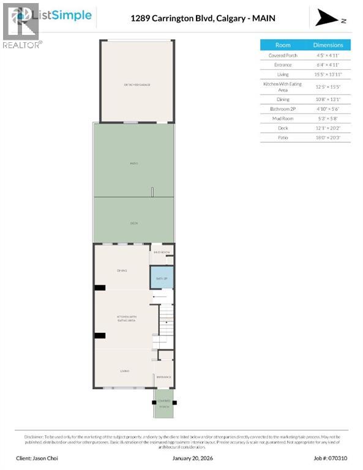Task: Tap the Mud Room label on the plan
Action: click(162, 252)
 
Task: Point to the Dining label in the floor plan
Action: click(121, 270)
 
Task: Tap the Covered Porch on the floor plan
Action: click(163, 404)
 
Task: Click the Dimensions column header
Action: click(328, 45)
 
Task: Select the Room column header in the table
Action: click(283, 45)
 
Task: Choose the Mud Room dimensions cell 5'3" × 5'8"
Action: click(328, 119)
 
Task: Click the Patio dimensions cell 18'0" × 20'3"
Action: click(328, 138)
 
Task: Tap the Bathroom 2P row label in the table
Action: click(283, 109)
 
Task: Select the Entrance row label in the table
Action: click(283, 65)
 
